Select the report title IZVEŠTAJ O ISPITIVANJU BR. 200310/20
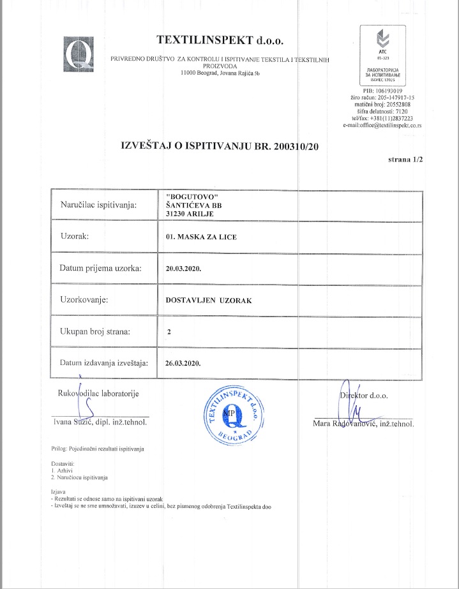tap(219, 145)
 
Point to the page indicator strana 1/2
tap(405, 161)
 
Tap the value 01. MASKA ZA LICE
tap(192, 237)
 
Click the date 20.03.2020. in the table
tap(183, 269)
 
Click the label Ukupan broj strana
tap(95, 331)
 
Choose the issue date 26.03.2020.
tap(183, 362)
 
